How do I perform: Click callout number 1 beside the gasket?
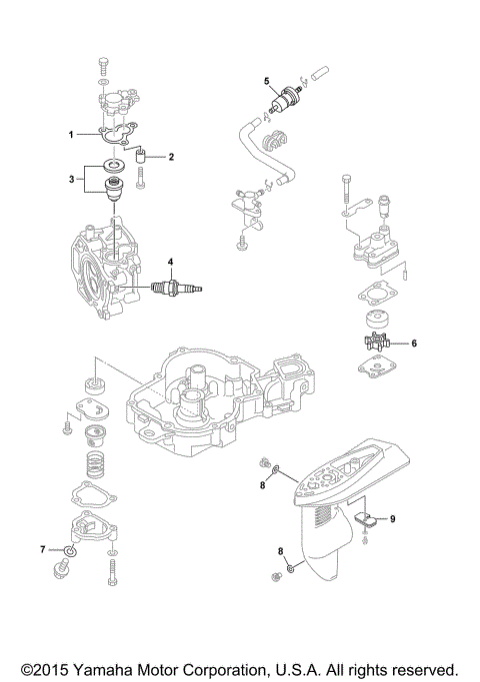point(71,133)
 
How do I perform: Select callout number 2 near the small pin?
point(170,157)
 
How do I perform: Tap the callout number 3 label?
point(71,179)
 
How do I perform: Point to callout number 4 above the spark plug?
point(171,263)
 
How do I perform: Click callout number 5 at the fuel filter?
point(267,79)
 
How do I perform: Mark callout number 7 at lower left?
point(43,549)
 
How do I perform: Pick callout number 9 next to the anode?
point(393,519)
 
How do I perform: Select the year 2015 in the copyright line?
point(55,667)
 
